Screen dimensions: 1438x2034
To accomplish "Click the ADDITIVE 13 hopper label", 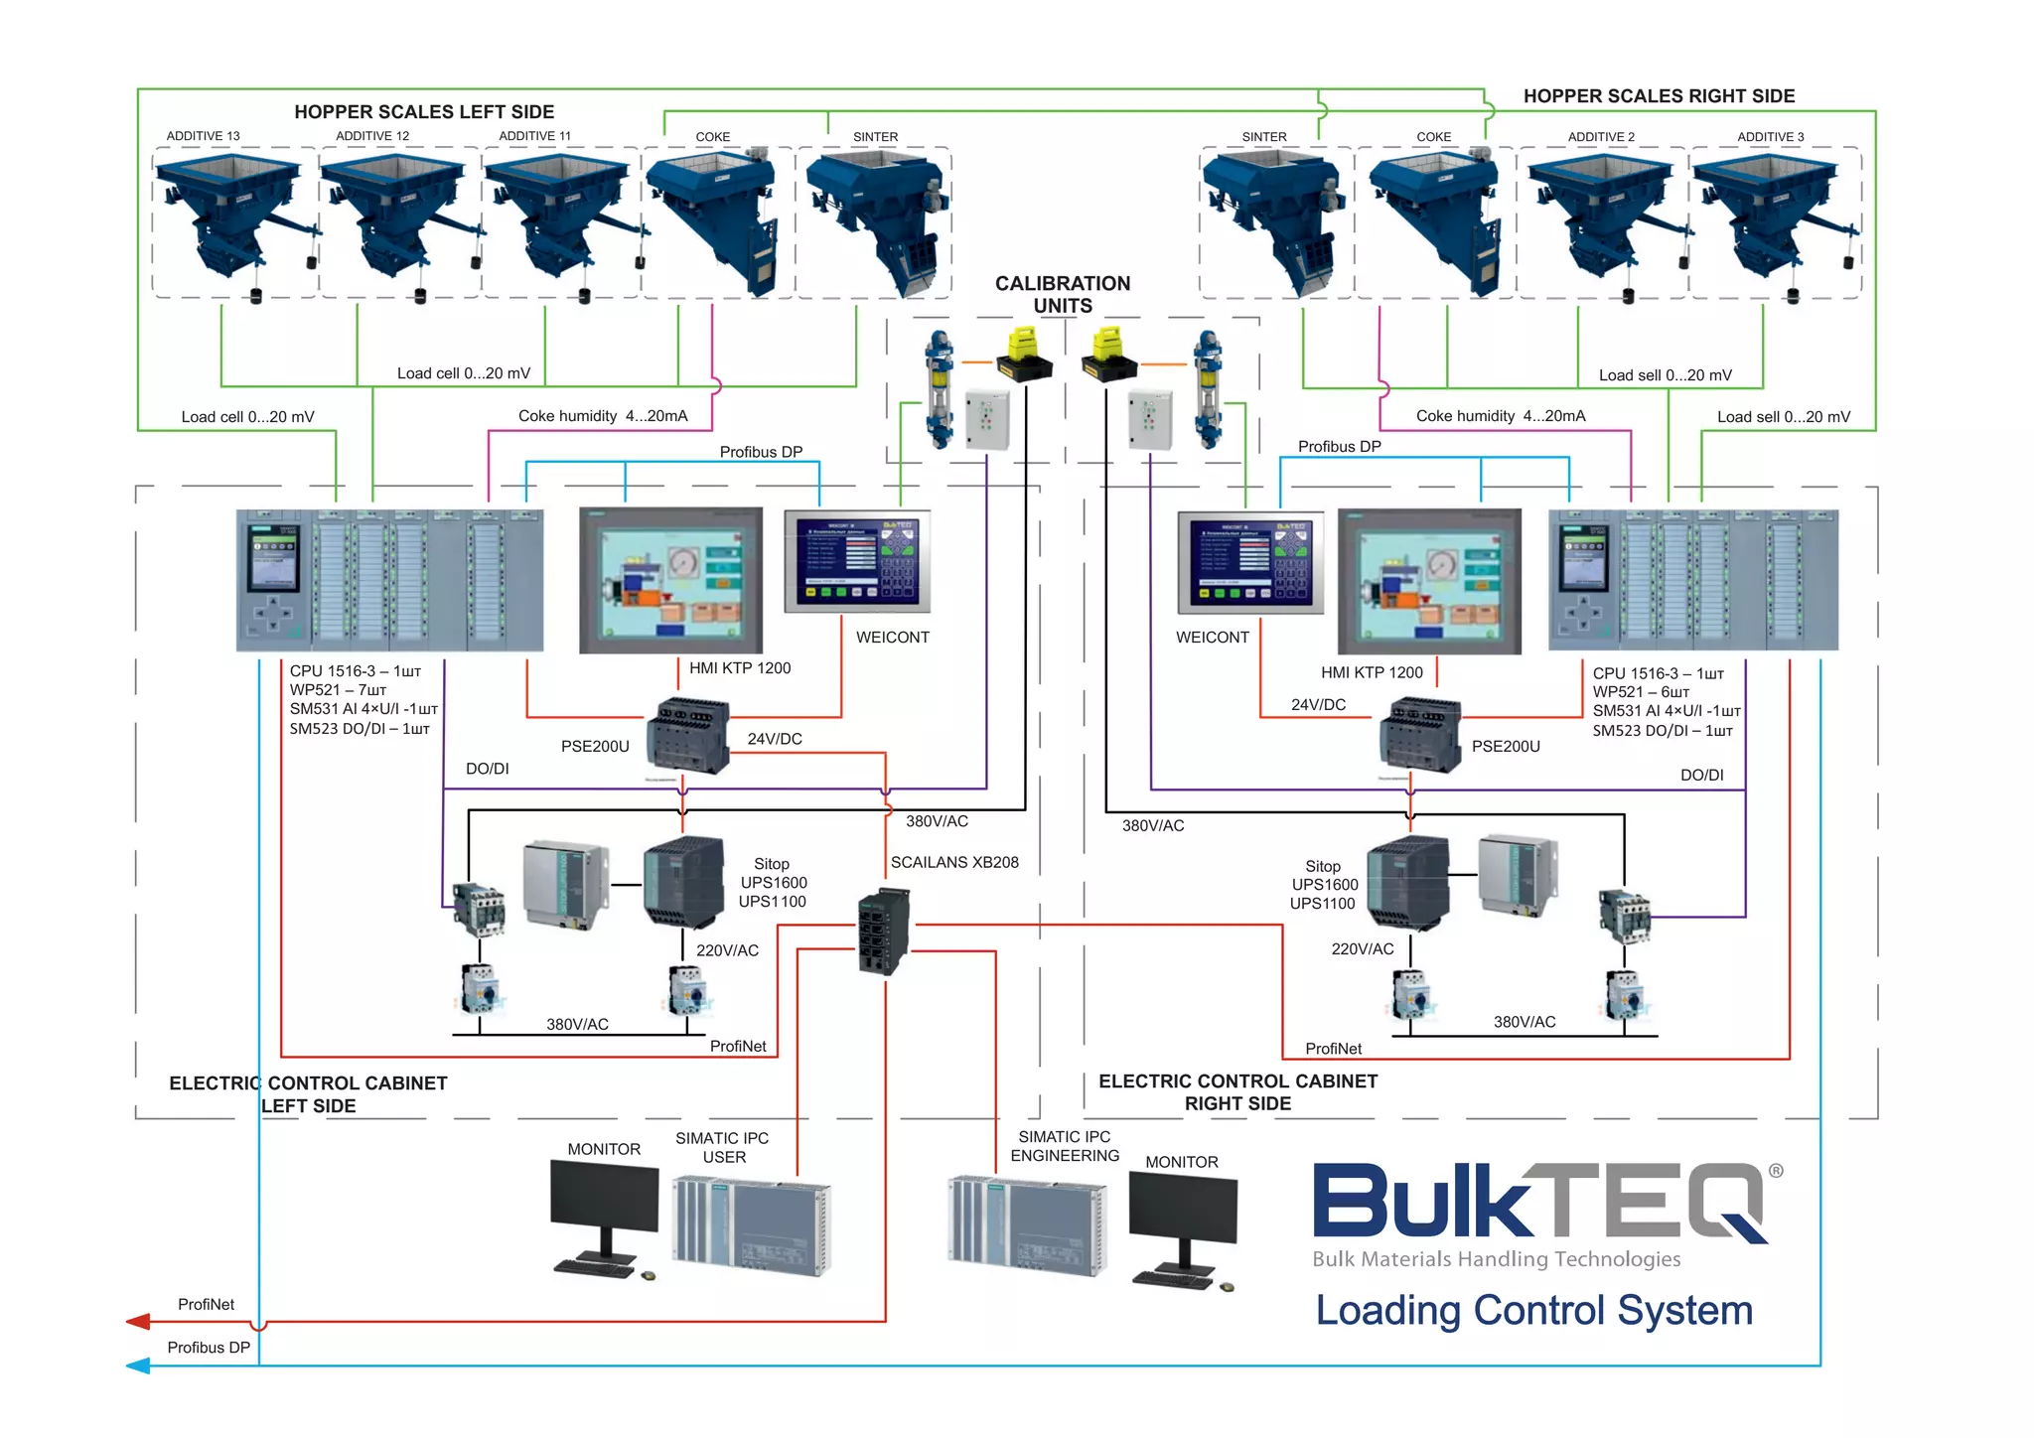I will click(x=203, y=136).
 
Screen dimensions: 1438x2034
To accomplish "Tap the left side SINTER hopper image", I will click(x=875, y=221).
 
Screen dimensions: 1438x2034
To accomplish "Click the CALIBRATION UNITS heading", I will click(x=1063, y=295).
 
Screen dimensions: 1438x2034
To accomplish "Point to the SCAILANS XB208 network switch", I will click(x=883, y=932).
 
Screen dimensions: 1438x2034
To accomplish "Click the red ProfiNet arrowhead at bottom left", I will click(x=138, y=1322).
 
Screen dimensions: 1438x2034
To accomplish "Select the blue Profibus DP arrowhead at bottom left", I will click(x=138, y=1366).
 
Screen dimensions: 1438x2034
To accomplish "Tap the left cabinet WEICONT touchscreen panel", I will click(x=857, y=561).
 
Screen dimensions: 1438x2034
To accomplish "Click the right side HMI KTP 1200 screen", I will click(x=1429, y=581).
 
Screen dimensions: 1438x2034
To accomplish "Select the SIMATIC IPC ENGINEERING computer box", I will click(x=1027, y=1225).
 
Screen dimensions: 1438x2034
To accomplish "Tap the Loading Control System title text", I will click(x=1533, y=1311).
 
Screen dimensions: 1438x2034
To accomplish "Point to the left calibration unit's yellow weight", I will click(x=1023, y=355).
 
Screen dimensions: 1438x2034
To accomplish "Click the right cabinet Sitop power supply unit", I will click(x=1407, y=883).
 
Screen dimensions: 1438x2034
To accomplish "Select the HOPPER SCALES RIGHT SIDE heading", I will click(x=1659, y=96).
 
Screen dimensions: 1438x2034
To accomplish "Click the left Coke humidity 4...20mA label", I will click(x=603, y=416).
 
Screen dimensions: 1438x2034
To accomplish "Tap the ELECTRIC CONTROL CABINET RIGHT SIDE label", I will click(x=1237, y=1092).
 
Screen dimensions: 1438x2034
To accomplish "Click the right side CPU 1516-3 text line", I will click(x=1658, y=673).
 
